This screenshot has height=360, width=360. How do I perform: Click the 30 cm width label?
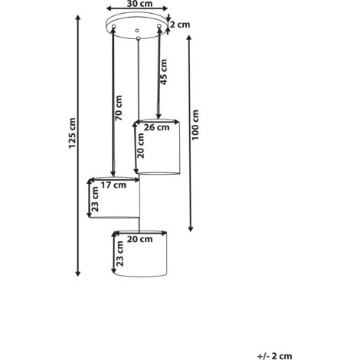click(x=139, y=4)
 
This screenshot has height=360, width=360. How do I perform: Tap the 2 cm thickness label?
click(x=180, y=25)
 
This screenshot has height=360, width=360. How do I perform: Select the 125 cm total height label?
click(x=72, y=133)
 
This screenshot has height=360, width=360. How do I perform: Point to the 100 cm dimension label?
click(x=195, y=125)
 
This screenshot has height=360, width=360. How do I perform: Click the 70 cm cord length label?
click(x=119, y=108)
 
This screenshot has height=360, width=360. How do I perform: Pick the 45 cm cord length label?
click(x=163, y=72)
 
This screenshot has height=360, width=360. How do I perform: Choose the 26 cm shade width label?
click(x=156, y=127)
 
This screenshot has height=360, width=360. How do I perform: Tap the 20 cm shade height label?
click(x=141, y=146)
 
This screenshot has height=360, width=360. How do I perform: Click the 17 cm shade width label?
click(x=113, y=185)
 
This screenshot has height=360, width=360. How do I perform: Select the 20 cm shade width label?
click(x=139, y=239)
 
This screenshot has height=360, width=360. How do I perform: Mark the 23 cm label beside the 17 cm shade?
click(x=95, y=199)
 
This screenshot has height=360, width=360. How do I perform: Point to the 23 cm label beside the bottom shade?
click(x=119, y=254)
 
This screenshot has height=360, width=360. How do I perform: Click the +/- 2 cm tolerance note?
click(x=275, y=356)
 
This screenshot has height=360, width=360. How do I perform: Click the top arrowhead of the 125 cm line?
click(x=78, y=18)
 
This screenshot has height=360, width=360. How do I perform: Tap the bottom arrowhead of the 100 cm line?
click(x=191, y=229)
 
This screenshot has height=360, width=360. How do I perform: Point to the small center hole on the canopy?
click(x=137, y=31)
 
